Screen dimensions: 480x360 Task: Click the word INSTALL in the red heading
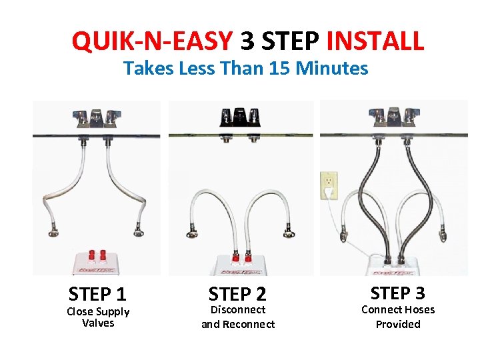point(375,41)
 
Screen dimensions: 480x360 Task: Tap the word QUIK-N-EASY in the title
point(152,41)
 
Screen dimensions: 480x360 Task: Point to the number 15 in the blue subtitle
point(279,68)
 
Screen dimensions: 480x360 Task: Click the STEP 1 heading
point(97,294)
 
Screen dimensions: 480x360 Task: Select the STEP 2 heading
point(237,294)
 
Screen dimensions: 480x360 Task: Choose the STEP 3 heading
point(397,293)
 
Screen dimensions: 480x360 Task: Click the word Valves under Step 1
point(98,323)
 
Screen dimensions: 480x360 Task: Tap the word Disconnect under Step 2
point(238,310)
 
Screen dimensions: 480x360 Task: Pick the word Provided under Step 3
point(398,324)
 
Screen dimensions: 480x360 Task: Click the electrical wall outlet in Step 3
point(329,185)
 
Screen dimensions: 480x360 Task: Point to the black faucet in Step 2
point(240,117)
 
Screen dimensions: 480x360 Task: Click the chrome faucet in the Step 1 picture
point(97,119)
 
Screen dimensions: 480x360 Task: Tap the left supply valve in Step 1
point(53,232)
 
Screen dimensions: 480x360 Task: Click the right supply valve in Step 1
point(139,231)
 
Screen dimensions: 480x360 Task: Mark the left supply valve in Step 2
point(192,233)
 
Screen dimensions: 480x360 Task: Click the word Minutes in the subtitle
point(332,68)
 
